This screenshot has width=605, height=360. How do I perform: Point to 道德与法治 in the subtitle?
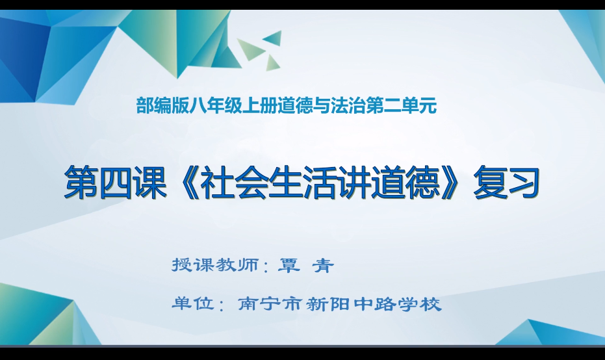click(311, 106)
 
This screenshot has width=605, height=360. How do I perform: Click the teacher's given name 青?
click(322, 266)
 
